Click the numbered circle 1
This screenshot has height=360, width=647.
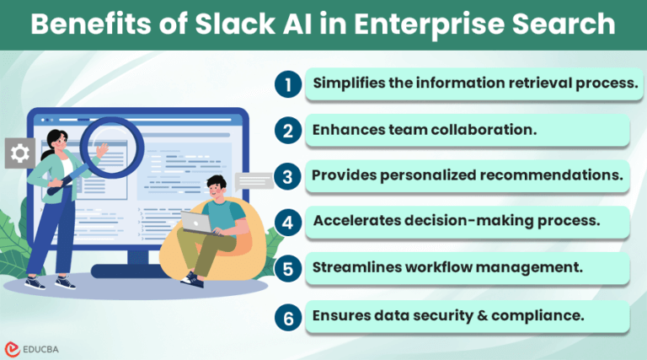pos(287,83)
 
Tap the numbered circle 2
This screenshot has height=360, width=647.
pos(287,130)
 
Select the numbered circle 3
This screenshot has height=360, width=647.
pos(287,176)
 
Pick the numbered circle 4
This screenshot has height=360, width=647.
pos(287,223)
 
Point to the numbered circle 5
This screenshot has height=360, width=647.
pos(287,270)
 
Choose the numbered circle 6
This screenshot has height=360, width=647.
pos(287,317)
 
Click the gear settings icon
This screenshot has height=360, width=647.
pos(20,153)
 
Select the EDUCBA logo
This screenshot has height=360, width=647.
pos(34,346)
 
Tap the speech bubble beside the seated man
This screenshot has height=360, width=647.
pos(254,180)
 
